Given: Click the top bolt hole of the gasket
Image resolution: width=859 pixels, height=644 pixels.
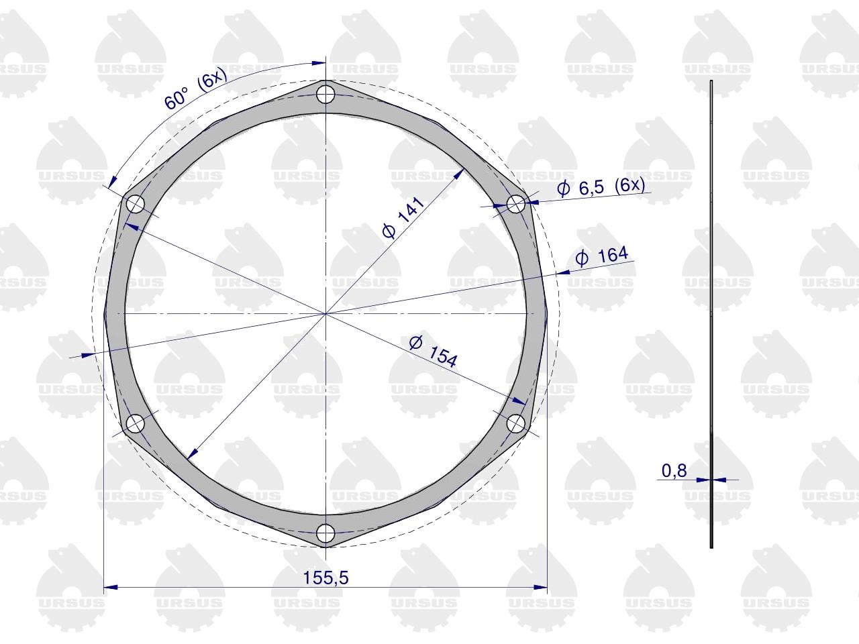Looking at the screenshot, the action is click(x=325, y=94).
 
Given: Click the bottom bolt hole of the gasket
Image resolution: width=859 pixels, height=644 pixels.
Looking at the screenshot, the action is click(x=325, y=533).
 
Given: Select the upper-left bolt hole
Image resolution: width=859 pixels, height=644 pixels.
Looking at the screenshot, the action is click(x=136, y=204).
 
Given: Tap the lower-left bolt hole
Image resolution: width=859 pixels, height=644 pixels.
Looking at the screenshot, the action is click(x=136, y=423).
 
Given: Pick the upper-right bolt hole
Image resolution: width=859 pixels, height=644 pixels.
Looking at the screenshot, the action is click(x=516, y=204).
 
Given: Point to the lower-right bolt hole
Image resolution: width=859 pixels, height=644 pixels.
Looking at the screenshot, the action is click(x=516, y=423).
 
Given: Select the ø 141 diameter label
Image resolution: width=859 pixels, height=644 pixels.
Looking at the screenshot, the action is click(x=403, y=218).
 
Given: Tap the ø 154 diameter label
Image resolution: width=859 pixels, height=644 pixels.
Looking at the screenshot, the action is click(x=433, y=352).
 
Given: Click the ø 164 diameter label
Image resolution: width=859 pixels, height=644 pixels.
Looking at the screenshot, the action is click(x=602, y=256).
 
